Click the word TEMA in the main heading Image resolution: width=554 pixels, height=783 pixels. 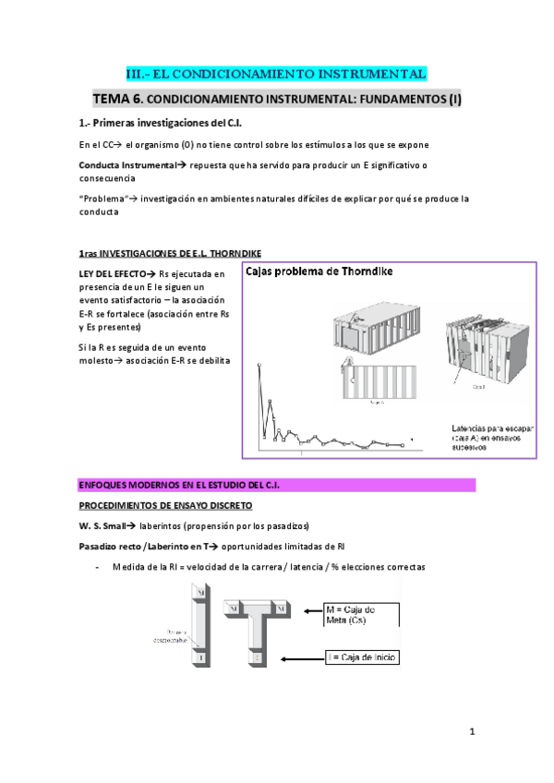tap(117, 98)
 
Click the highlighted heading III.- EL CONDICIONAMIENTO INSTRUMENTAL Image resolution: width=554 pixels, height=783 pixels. tap(276, 74)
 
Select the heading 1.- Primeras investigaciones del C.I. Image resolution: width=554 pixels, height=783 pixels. tap(161, 123)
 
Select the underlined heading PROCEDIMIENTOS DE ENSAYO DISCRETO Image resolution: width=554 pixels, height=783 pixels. tap(166, 505)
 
